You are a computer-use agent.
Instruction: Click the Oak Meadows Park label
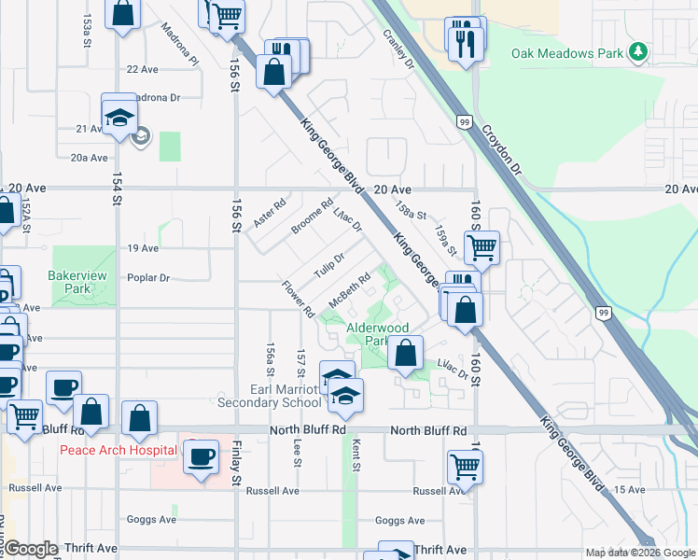[x=566, y=53]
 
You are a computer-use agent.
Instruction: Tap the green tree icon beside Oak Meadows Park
[x=638, y=51]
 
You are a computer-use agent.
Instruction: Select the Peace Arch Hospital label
[x=119, y=450]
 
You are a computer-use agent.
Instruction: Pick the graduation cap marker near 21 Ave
[x=119, y=116]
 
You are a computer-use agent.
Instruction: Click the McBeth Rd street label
[x=351, y=287]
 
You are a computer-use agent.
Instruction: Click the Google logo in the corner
[x=31, y=550]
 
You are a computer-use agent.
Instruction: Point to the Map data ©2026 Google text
[x=639, y=553]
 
